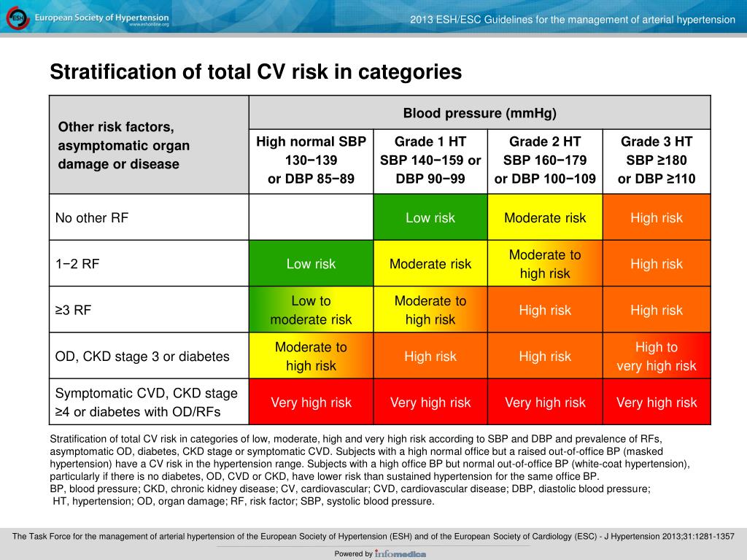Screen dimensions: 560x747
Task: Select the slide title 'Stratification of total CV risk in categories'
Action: coord(255,72)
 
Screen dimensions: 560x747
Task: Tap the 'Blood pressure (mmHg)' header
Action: coord(479,113)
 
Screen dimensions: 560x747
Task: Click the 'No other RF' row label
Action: coord(92,217)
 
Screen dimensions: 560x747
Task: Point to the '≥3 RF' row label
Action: coord(73,310)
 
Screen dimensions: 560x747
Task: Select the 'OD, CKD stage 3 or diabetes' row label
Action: coord(142,357)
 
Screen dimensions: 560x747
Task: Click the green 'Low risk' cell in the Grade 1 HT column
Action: coord(430,217)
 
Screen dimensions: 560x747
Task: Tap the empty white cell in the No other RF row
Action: coord(311,217)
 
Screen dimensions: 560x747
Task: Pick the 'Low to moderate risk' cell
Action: coord(311,310)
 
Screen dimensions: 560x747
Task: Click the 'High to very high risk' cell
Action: coord(657,357)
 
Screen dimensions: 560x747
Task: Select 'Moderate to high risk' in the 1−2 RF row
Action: coord(545,264)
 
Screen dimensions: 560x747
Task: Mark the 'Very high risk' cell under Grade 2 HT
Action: coord(545,402)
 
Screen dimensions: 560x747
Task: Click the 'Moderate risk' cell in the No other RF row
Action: coord(545,217)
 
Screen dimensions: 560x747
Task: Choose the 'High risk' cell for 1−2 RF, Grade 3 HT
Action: coord(657,264)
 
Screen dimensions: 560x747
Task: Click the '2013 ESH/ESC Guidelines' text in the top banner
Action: coord(572,20)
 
